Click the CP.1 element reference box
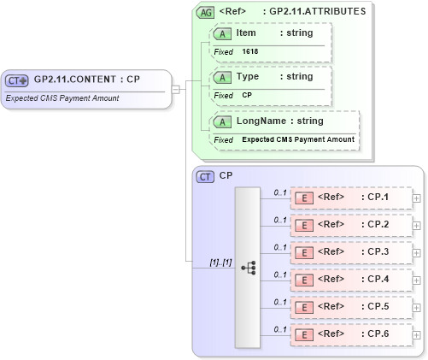tap(350, 198)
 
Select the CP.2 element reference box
tap(350, 225)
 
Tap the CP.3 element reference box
tap(350, 252)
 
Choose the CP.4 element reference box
tap(350, 280)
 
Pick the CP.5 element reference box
tap(350, 307)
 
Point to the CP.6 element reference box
tap(350, 334)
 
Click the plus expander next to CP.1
tap(416, 198)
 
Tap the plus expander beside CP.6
tap(416, 334)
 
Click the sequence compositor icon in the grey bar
tap(249, 268)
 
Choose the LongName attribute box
tap(283, 121)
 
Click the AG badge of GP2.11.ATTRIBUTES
tap(205, 12)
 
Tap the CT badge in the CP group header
tap(205, 176)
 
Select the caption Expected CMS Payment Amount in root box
tap(62, 98)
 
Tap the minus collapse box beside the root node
tap(175, 88)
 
